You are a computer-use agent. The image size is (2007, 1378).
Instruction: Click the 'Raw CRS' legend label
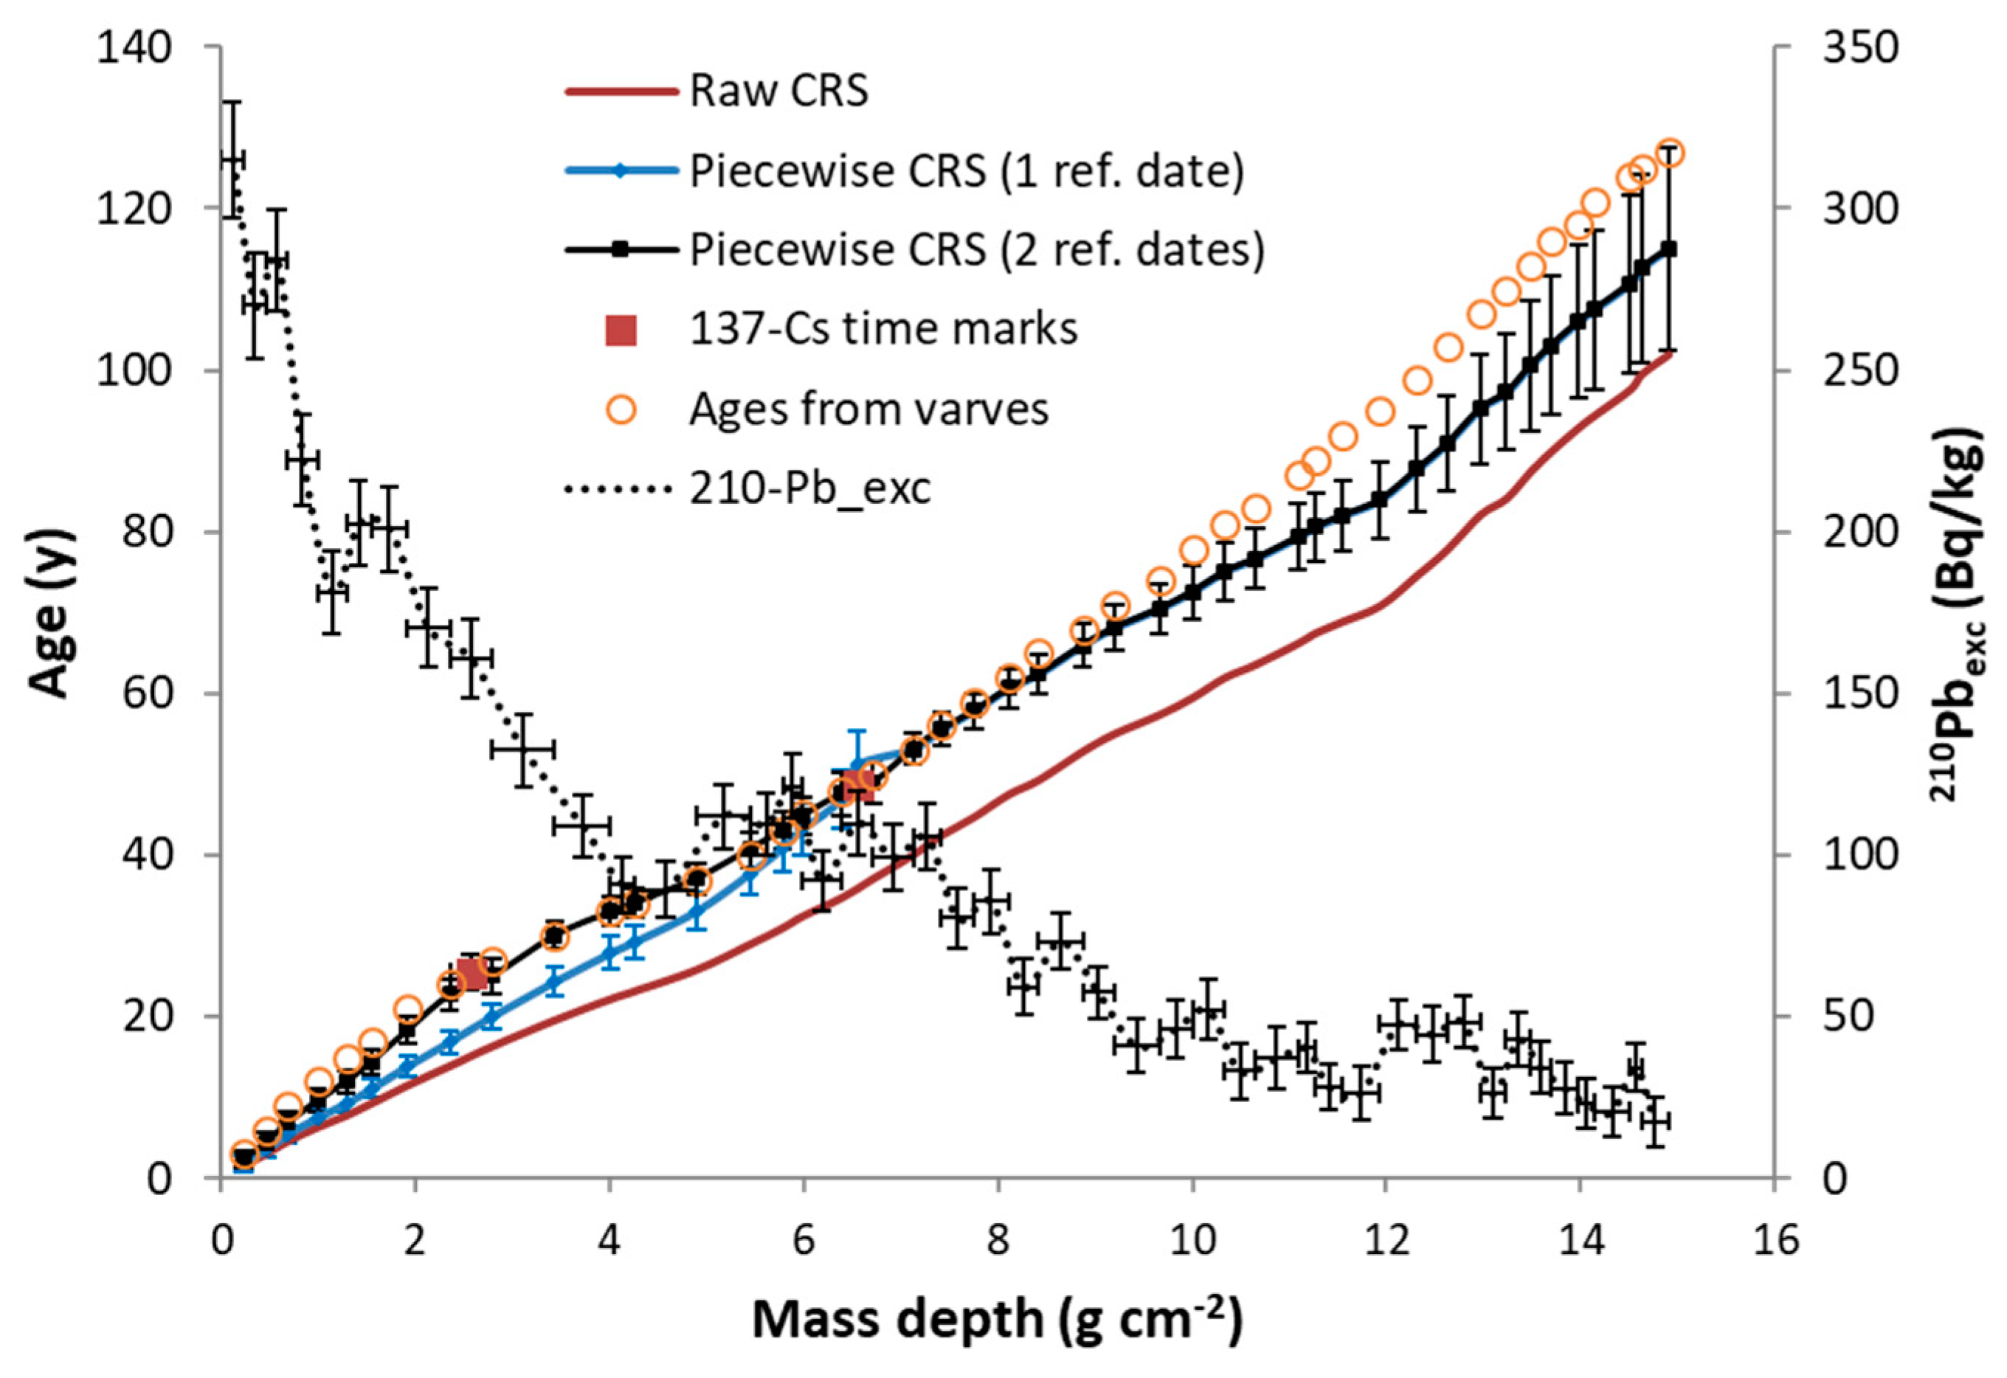click(x=778, y=91)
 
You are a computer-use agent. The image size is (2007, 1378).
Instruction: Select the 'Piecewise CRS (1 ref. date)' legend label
click(x=967, y=170)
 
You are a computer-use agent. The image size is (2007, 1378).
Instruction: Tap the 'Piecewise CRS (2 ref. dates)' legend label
click(x=977, y=249)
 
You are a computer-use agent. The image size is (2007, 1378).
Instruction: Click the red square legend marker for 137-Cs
click(x=620, y=330)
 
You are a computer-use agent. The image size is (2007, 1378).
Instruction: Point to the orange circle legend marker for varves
click(x=620, y=409)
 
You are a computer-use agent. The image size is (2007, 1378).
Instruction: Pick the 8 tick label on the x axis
click(x=998, y=1241)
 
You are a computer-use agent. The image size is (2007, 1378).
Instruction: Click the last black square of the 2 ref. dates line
click(x=1669, y=249)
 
